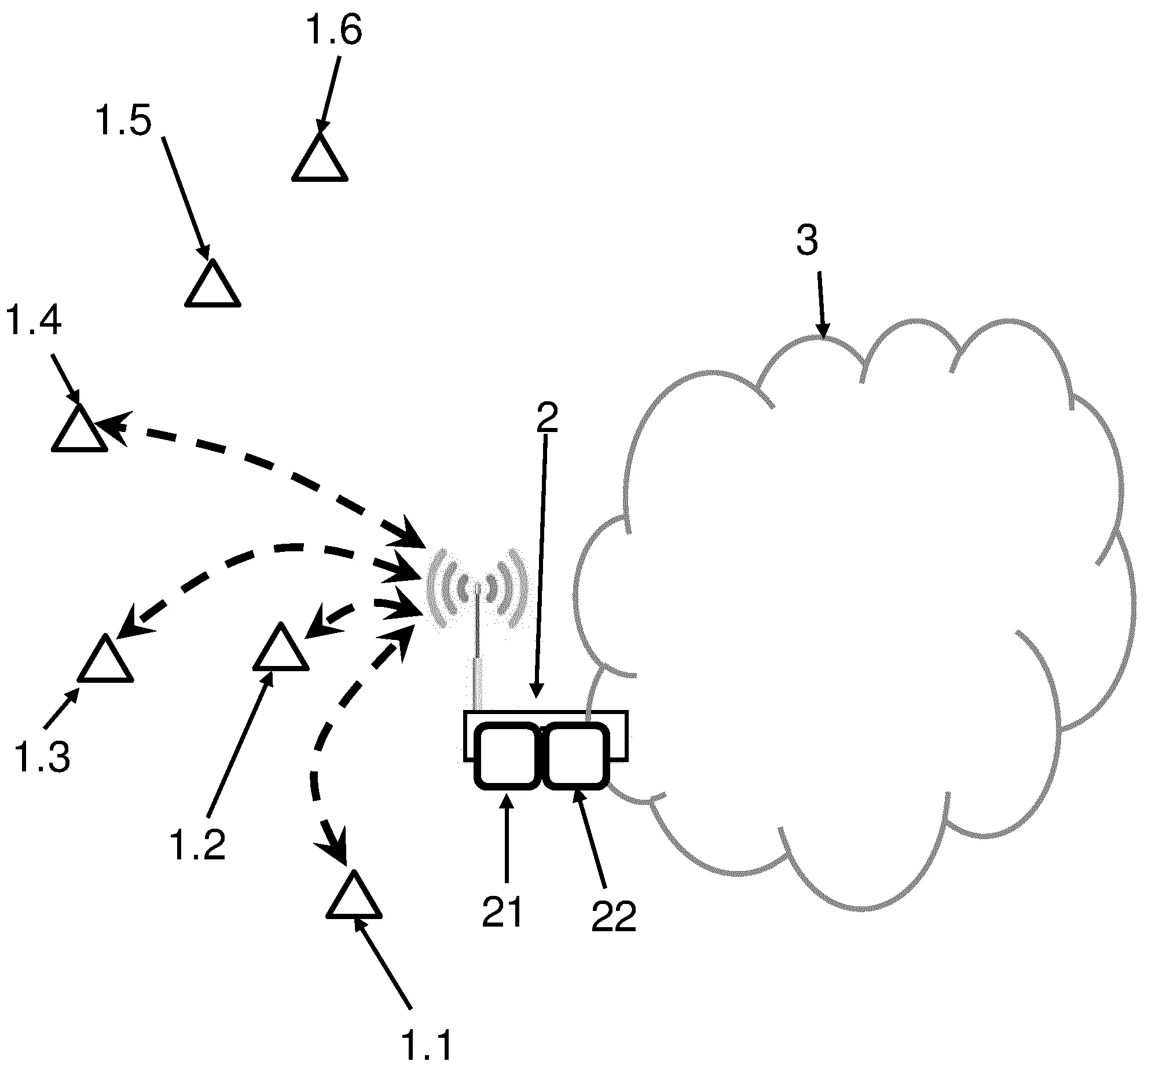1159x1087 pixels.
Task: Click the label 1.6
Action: click(334, 30)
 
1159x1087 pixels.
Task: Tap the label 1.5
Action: click(123, 121)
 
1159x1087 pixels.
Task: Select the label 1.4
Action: click(33, 321)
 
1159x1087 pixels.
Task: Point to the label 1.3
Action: click(42, 757)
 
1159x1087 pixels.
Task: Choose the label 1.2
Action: click(197, 845)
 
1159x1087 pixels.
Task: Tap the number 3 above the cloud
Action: click(807, 240)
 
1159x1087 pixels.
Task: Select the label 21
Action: click(503, 912)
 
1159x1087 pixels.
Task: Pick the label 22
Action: click(613, 916)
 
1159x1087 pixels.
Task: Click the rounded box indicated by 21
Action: click(507, 755)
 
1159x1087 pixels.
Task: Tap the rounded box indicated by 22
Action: click(577, 755)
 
